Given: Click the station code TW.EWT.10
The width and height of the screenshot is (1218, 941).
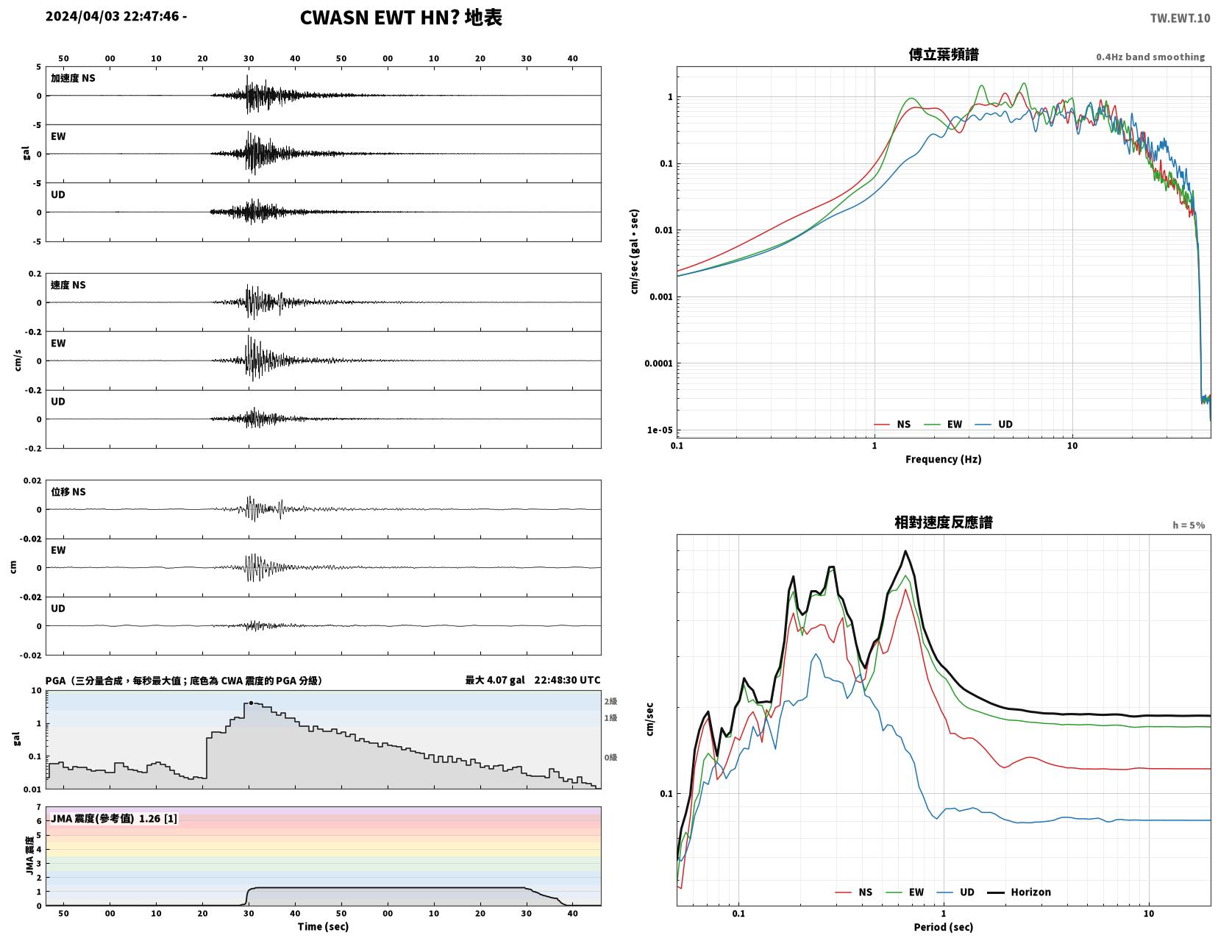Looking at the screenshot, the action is point(1180,18).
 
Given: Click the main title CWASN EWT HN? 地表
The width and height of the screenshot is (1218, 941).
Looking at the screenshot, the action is point(401,18).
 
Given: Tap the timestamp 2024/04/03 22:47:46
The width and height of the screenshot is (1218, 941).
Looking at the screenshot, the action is point(112,16).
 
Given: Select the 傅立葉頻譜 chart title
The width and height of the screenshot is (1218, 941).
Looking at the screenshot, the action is point(944,54).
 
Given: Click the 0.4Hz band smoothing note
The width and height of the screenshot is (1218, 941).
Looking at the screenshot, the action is point(1150,57).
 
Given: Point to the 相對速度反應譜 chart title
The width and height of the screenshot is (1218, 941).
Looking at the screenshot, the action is point(944,522).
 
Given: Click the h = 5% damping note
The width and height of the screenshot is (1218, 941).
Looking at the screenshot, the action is point(1189,525).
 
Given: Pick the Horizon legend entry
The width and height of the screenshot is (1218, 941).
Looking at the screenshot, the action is point(1019,892).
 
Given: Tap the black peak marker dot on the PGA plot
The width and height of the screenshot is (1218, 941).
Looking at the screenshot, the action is point(251,703).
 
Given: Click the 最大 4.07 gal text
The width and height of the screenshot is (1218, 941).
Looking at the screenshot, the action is point(495,680).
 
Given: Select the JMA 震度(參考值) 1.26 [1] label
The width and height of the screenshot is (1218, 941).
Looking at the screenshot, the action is point(114,818).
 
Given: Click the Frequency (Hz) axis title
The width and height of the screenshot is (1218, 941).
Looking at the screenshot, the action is point(944,459).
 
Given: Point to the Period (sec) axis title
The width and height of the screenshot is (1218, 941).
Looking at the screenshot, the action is point(944,927).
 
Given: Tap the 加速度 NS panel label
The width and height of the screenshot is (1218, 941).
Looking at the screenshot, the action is point(73,78).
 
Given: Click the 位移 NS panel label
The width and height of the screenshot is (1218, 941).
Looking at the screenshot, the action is point(68,491).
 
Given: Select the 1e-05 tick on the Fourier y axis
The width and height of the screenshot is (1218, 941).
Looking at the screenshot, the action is point(660,430).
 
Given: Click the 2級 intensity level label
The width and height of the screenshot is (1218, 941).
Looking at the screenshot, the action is point(610,701).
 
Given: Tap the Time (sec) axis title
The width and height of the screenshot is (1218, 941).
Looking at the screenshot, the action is point(323,926).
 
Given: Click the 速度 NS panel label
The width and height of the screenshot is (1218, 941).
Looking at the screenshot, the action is point(68,285).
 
